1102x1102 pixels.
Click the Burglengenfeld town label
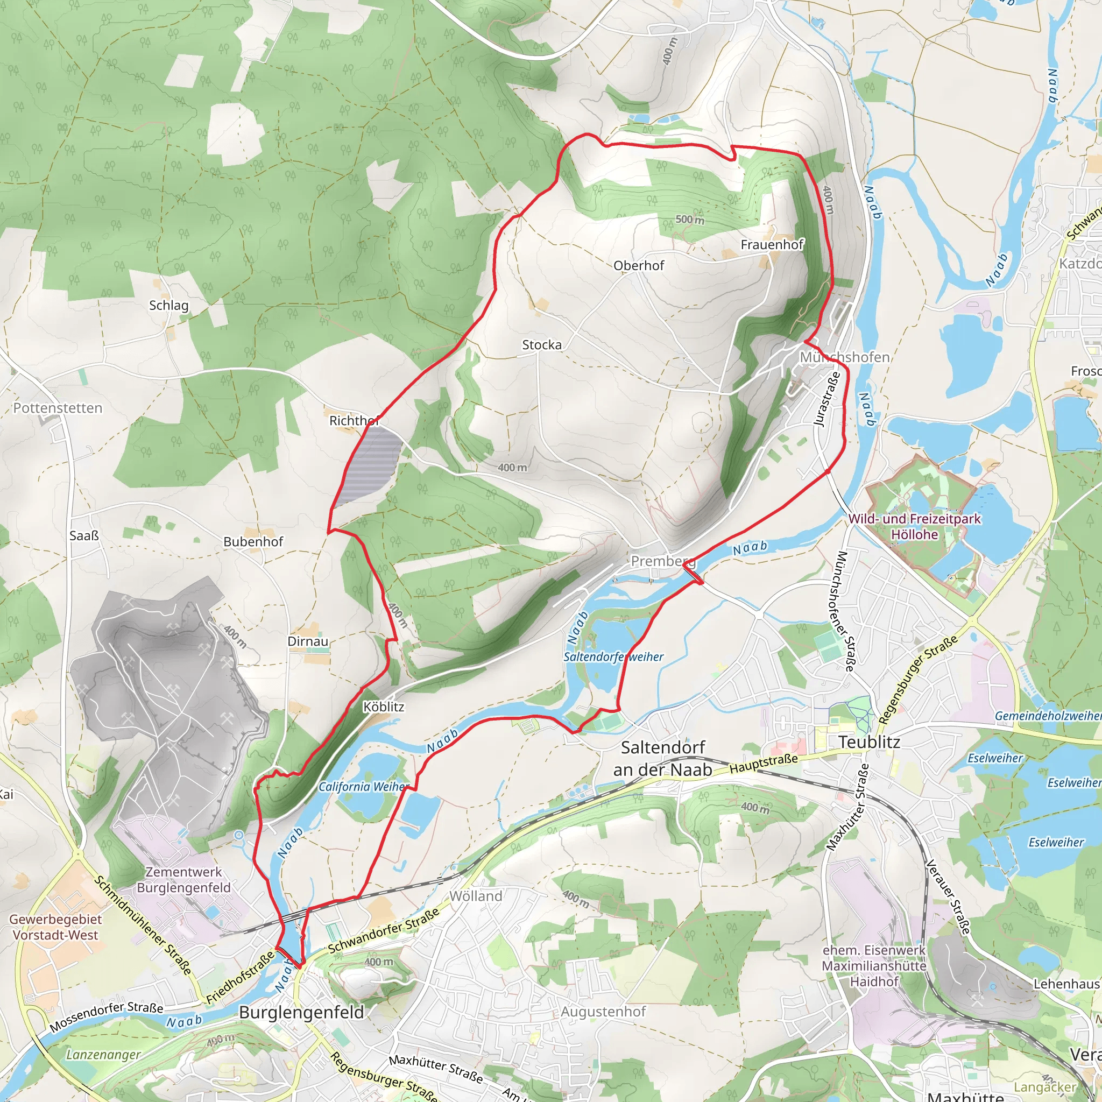(x=301, y=1012)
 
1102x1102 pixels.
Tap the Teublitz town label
(x=870, y=742)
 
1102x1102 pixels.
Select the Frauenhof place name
(x=772, y=245)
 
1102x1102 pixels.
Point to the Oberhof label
(x=639, y=266)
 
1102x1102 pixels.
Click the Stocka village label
(x=542, y=345)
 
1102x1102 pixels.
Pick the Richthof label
(x=354, y=421)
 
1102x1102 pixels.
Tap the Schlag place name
(x=168, y=305)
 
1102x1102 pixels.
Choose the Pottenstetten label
(x=58, y=408)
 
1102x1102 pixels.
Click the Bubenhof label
(x=253, y=542)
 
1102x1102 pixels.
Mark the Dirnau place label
(x=308, y=642)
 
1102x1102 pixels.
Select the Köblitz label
(x=384, y=707)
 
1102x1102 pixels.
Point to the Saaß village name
(x=84, y=535)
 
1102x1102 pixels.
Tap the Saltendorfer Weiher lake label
(x=613, y=657)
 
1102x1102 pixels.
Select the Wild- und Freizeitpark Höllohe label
(x=914, y=526)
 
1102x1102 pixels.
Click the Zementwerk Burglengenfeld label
(x=183, y=880)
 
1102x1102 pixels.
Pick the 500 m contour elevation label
(x=690, y=220)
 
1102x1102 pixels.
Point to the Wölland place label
(x=476, y=896)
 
